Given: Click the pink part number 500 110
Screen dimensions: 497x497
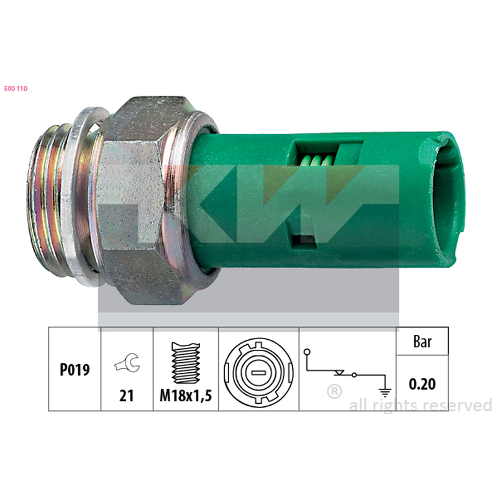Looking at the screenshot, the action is coord(16,88).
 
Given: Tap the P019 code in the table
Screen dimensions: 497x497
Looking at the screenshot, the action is coord(75,370).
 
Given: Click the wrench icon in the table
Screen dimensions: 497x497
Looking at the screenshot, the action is coord(127,363).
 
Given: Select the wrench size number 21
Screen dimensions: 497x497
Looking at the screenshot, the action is coord(127,396).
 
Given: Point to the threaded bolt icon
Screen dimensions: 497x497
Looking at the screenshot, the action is coord(186,363).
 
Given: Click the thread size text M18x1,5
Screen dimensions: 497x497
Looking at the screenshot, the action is coord(186,396).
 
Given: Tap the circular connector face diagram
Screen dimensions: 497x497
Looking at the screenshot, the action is coord(258,372).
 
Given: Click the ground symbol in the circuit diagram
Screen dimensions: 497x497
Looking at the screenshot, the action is coord(385,393).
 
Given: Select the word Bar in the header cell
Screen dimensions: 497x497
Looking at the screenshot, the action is coord(422,342).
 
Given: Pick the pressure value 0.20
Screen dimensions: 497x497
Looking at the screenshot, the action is coord(422,384).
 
